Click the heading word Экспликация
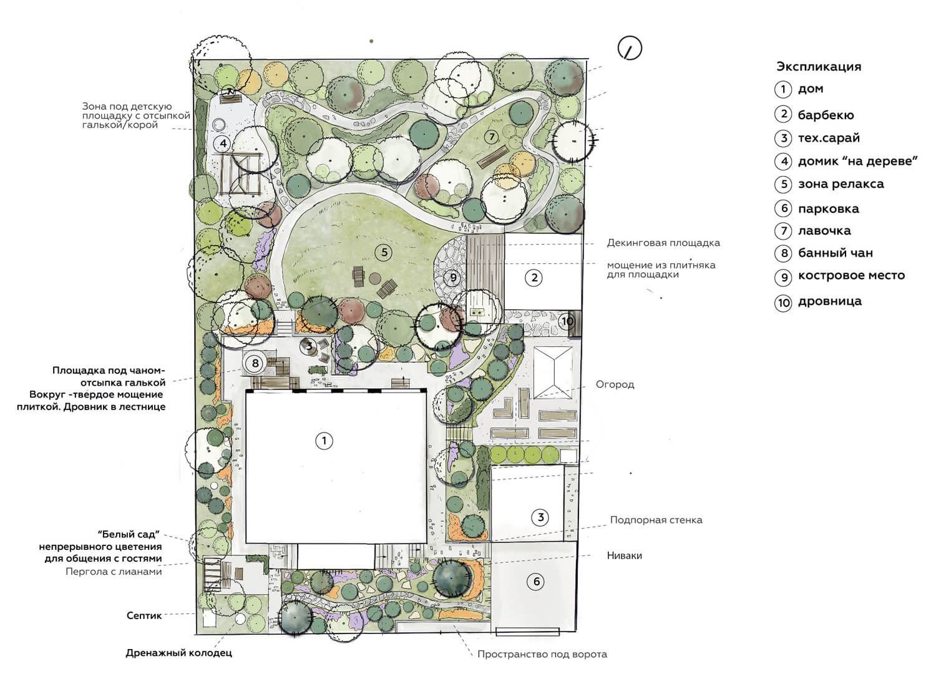(x=819, y=67)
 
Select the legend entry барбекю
(x=826, y=115)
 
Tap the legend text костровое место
(x=852, y=275)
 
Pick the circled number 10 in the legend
(x=784, y=302)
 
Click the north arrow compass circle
(x=630, y=48)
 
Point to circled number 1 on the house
(x=324, y=441)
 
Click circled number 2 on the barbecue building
(x=534, y=278)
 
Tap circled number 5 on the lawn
(x=384, y=252)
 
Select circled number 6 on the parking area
(x=537, y=581)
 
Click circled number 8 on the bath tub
(x=255, y=363)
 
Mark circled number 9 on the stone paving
(x=452, y=278)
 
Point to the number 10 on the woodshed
(x=567, y=321)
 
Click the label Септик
(x=144, y=615)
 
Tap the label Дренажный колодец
(x=179, y=653)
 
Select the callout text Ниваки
(x=624, y=555)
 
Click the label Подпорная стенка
(x=656, y=520)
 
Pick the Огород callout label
(x=615, y=384)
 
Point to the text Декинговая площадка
(x=663, y=243)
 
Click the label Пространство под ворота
(x=542, y=654)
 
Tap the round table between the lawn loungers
(x=375, y=278)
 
